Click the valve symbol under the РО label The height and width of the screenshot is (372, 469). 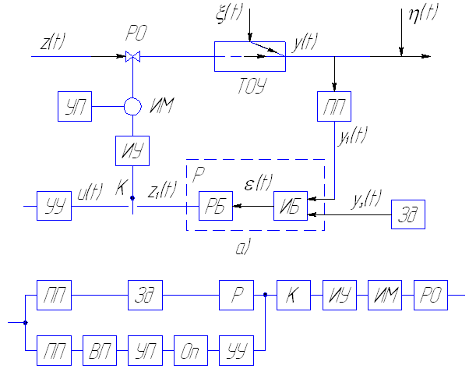click(132, 56)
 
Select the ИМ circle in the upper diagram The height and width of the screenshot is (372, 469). click(132, 98)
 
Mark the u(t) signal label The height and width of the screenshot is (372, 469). click(90, 192)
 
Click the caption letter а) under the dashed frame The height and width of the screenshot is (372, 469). click(242, 247)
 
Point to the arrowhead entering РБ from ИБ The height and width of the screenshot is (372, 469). click(237, 206)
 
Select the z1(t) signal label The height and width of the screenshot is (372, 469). click(162, 190)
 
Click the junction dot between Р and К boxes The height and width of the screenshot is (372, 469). click(265, 295)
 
